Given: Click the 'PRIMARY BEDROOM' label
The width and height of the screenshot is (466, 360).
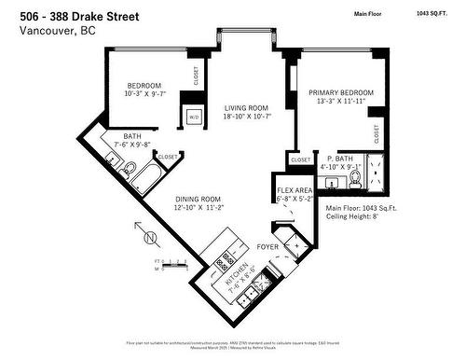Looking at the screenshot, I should click(342, 93).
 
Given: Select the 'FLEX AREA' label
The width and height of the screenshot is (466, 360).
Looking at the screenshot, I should click(295, 189).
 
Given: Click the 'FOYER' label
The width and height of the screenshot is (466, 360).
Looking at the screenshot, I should click(269, 247).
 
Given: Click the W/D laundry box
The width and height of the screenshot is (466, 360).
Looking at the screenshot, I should click(194, 118).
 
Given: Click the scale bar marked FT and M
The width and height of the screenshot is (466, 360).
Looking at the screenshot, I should click(169, 263).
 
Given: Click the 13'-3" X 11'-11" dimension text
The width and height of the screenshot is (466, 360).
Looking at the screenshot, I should click(342, 104).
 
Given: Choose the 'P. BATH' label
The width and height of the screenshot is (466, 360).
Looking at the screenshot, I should click(339, 159).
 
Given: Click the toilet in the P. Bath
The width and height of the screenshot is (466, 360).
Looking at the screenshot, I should click(354, 178).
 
